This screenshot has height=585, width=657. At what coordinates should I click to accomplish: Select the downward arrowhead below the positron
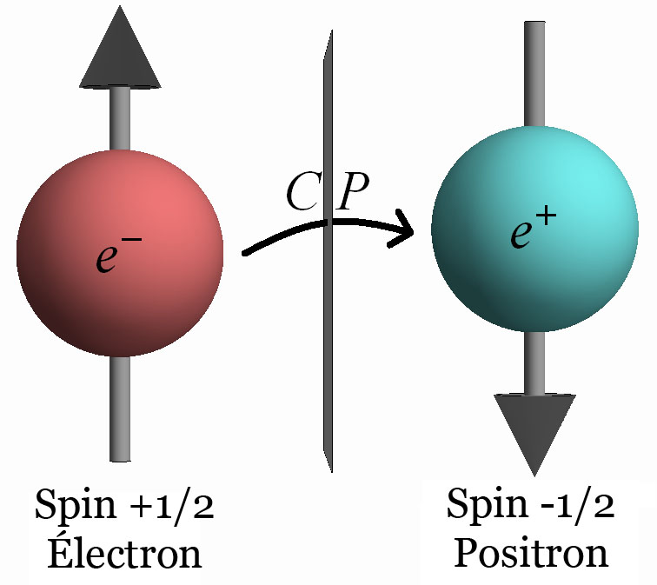coord(534,431)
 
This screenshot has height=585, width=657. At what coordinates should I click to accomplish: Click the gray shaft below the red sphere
coord(120,409)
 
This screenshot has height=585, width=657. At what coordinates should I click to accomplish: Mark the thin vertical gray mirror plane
coord(326,348)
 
